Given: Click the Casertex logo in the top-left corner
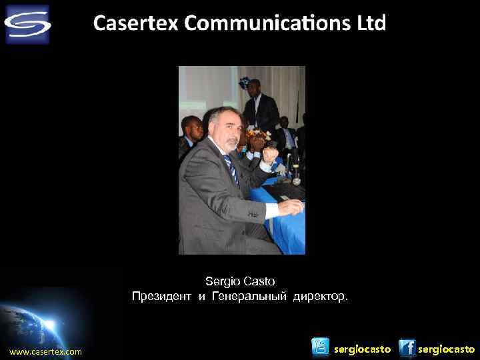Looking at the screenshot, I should pos(27,24).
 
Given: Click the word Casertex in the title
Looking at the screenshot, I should pos(136,23).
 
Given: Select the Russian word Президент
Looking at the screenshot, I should pos(161,295).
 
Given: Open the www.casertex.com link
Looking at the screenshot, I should pos(45,351).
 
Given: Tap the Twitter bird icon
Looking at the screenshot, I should pos(321,347).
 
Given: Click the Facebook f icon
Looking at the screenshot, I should pos(407,348).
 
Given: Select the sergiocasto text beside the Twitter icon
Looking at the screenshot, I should pos(362,349).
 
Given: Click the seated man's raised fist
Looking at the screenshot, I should pos(269,155).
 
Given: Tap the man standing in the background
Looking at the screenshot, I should pos(257,107).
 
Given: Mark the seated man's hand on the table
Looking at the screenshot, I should pos(290,207).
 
